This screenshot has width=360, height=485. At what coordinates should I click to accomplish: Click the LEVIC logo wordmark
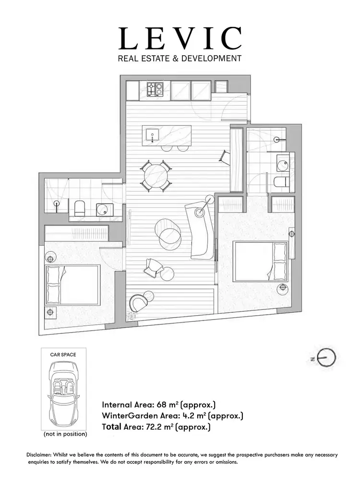click(180, 39)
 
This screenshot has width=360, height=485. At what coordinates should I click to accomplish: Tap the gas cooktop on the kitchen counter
click(155, 89)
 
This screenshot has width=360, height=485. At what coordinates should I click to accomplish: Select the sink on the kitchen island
click(154, 134)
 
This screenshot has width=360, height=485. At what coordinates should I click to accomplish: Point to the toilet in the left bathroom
click(80, 208)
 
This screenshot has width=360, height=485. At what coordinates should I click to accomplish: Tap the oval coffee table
click(170, 234)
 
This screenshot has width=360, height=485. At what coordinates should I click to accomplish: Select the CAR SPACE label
click(63, 355)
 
